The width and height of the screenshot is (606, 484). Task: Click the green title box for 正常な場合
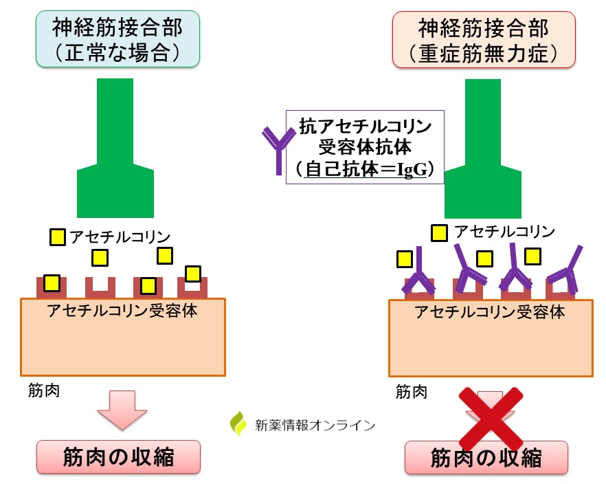(117, 39)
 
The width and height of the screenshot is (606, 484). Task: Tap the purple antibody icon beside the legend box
(278, 147)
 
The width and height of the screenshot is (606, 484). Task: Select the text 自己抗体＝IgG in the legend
(365, 170)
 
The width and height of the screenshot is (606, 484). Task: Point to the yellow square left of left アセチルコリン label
(58, 237)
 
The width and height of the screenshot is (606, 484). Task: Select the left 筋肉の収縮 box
(117, 457)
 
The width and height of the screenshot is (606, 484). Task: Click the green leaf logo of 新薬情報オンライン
(238, 425)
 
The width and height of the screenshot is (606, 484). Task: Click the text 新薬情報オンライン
(315, 425)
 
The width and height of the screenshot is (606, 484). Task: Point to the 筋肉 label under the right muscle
(412, 391)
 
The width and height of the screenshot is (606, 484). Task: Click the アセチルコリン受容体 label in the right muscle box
(490, 311)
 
